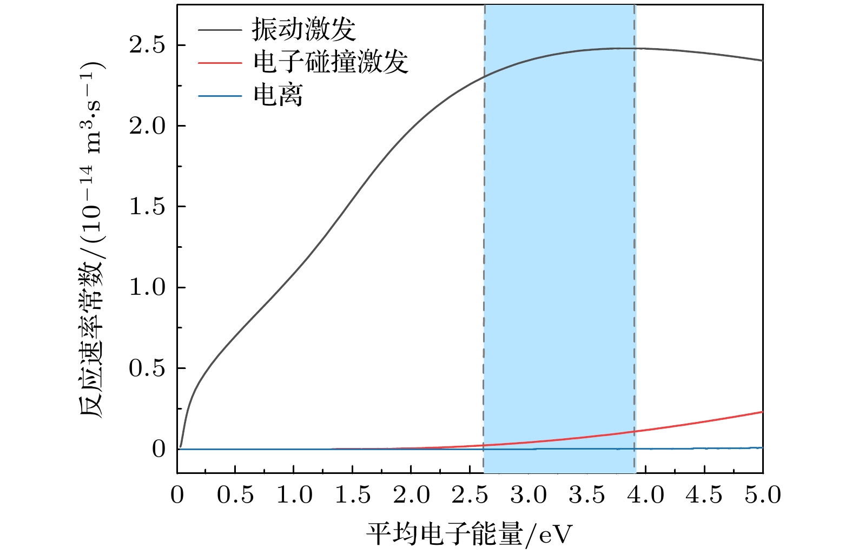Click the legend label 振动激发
click(x=303, y=29)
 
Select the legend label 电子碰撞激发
click(x=330, y=62)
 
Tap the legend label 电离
click(x=278, y=96)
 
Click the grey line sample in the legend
click(x=220, y=30)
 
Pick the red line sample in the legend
click(x=220, y=63)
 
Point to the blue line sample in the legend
click(x=220, y=96)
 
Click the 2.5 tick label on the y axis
click(x=147, y=45)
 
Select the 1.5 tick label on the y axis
click(x=147, y=207)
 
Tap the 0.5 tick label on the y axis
click(x=147, y=368)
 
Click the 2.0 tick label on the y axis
click(x=147, y=126)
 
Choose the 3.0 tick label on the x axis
click(x=529, y=495)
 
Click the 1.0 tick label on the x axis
click(x=294, y=495)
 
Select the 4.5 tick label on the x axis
click(x=704, y=495)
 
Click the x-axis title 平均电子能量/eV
click(x=469, y=535)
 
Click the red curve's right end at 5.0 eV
click(x=762, y=412)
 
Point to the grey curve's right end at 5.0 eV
click(x=762, y=61)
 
